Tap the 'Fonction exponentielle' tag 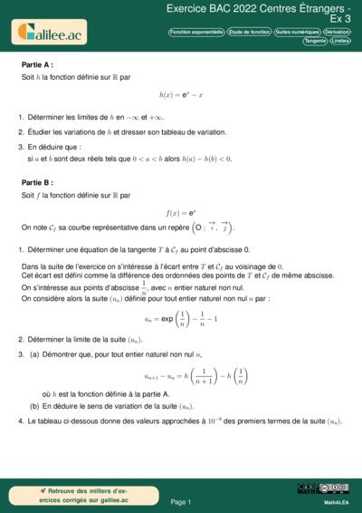(x=196, y=32)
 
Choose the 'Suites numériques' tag (x=296, y=32)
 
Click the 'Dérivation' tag (x=337, y=32)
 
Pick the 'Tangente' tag (x=315, y=41)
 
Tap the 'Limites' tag (x=340, y=41)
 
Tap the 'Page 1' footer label (x=181, y=501)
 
